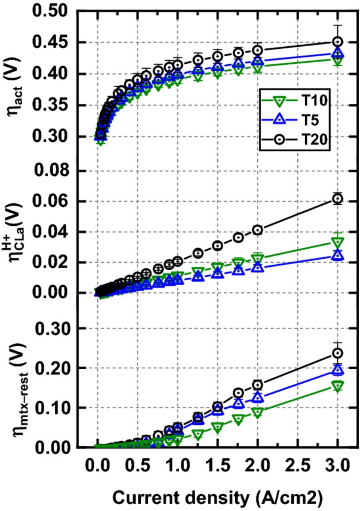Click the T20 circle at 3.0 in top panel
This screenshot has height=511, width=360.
[338, 42]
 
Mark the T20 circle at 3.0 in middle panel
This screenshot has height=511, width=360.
[338, 198]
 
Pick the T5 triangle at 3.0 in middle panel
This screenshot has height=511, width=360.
[338, 255]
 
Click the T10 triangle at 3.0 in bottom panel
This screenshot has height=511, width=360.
[338, 386]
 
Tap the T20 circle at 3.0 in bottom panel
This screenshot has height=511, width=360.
[338, 353]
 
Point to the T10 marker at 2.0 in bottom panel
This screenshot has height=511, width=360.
[258, 412]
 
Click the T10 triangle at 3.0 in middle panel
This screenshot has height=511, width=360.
[338, 242]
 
